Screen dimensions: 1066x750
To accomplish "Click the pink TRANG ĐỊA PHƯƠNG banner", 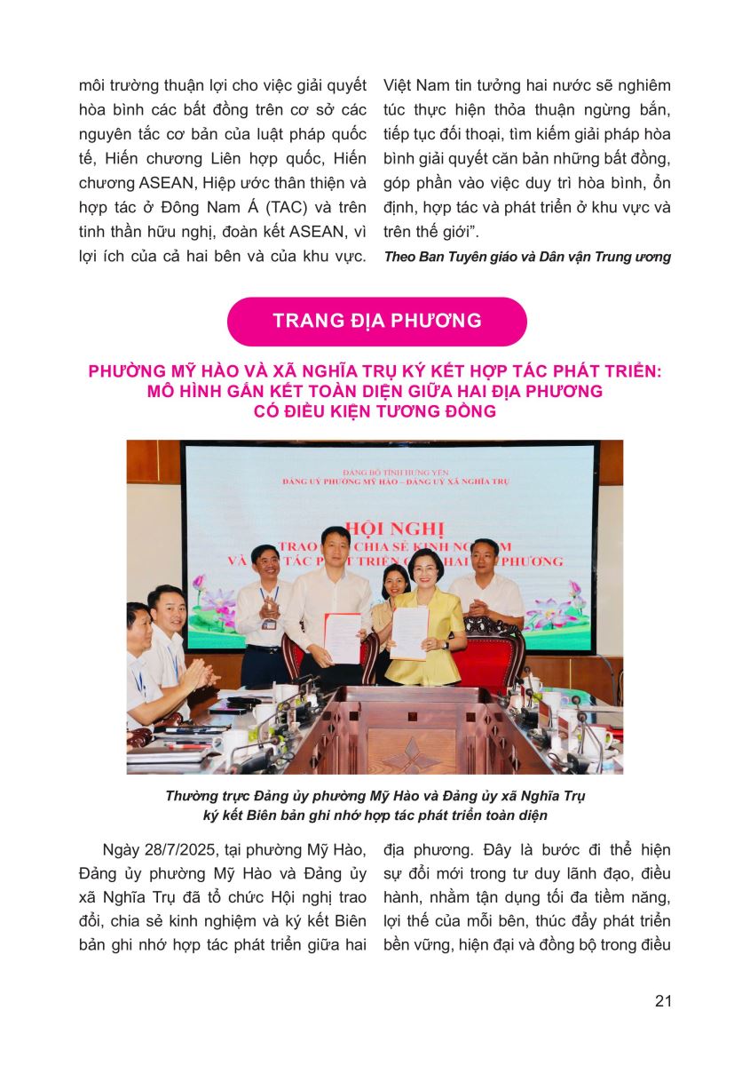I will [x=376, y=321].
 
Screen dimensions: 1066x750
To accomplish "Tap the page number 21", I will [x=662, y=1001].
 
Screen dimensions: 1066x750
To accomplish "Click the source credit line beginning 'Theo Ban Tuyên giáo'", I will [x=527, y=258].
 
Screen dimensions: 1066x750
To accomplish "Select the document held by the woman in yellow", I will [x=410, y=634].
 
